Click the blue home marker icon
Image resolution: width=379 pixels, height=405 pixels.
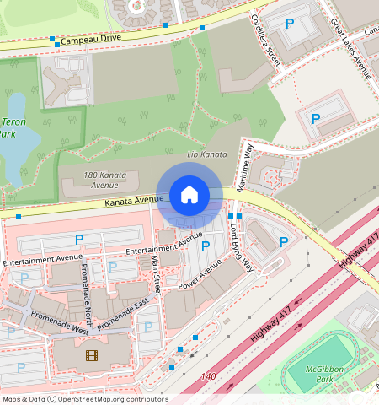pyautogui.click(x=189, y=196)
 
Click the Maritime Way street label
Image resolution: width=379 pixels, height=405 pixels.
pyautogui.click(x=247, y=167)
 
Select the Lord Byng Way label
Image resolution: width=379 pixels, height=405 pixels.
pyautogui.click(x=241, y=246)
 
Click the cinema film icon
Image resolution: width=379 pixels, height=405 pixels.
pyautogui.click(x=91, y=354)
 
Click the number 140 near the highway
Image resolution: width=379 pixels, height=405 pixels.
pyautogui.click(x=209, y=375)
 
